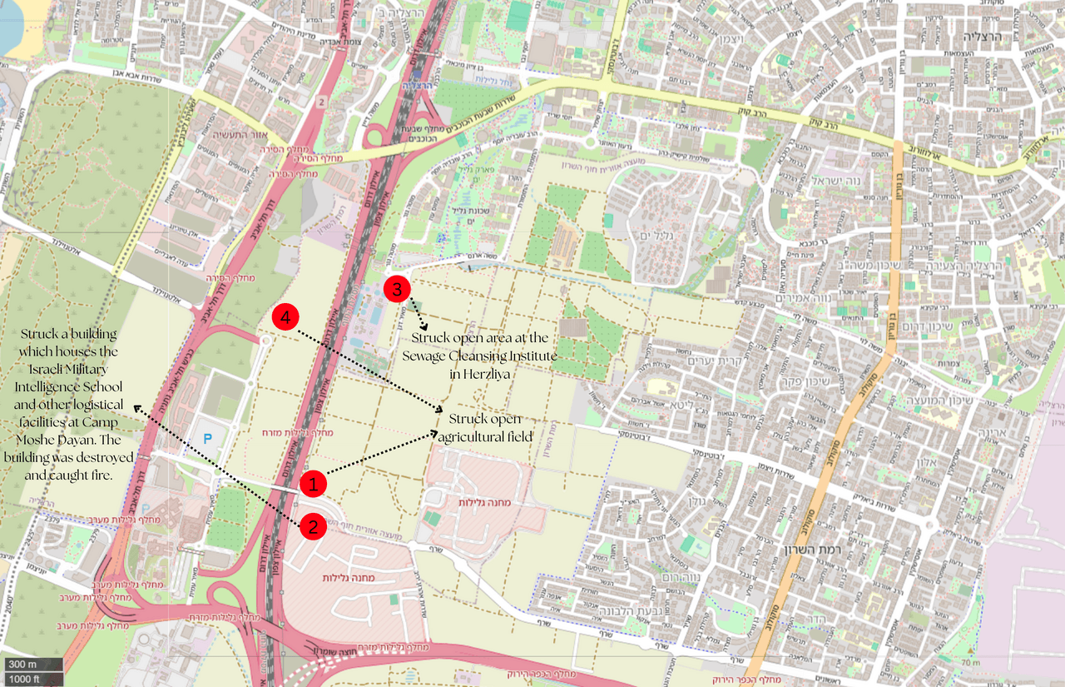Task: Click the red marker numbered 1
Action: click(313, 482)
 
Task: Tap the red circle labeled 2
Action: click(313, 525)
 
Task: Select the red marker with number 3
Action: click(397, 289)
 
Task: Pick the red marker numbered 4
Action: click(285, 317)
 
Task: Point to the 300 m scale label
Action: click(23, 665)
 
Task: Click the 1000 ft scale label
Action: click(26, 679)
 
